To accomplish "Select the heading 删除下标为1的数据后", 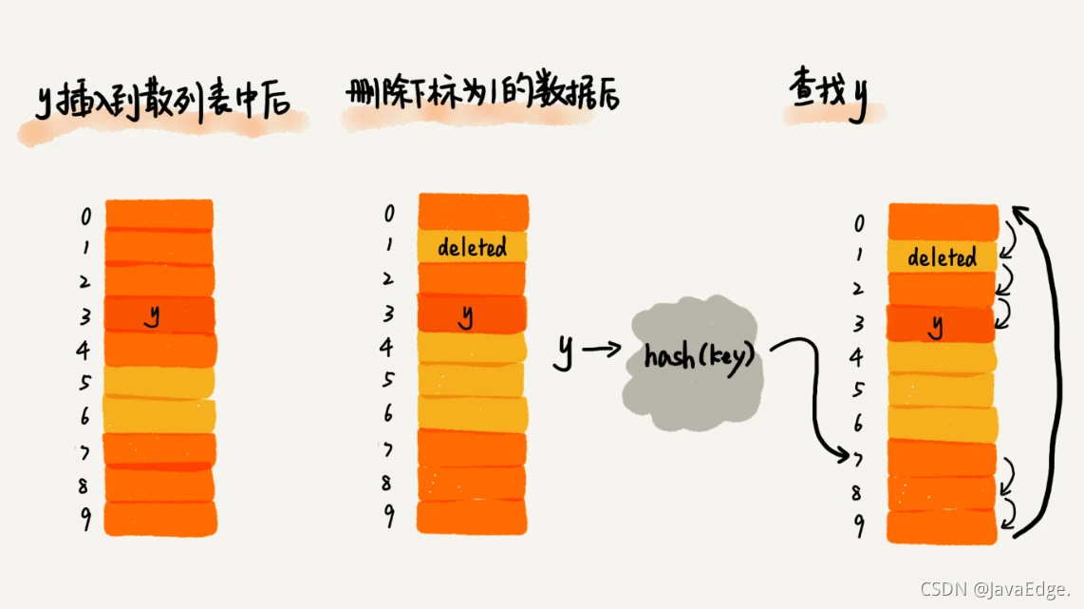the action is [483, 94].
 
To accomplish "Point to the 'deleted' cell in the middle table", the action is [472, 248].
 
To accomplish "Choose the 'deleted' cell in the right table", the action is [942, 257].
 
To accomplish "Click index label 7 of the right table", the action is [858, 459].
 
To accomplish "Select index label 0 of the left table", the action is [86, 218].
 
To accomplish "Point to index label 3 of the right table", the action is [858, 324].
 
